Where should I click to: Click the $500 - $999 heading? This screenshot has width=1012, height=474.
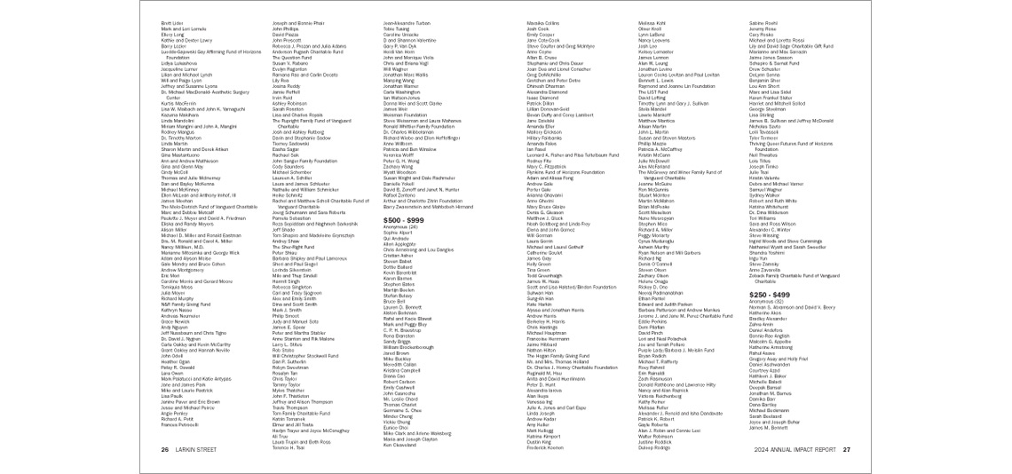pos(403,218)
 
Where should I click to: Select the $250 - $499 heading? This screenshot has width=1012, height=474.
pos(769,294)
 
